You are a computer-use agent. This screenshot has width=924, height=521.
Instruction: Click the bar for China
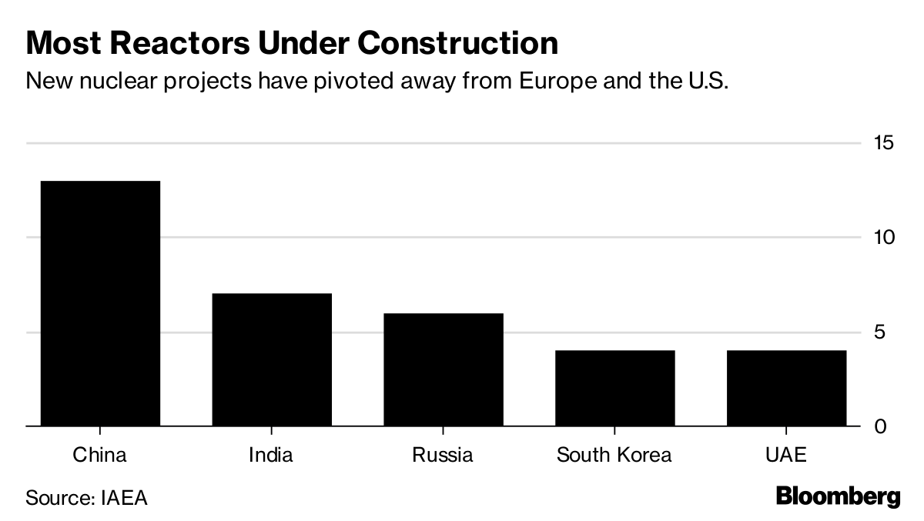tap(99, 303)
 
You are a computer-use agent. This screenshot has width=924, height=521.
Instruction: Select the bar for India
tap(271, 359)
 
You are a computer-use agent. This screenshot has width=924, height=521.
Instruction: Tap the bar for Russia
tap(443, 369)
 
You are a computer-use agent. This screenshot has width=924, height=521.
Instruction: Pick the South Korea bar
tap(614, 388)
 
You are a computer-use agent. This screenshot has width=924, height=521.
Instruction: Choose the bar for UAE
tap(786, 388)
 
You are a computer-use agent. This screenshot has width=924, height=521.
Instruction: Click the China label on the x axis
tap(99, 455)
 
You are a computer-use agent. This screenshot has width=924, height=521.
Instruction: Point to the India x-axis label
tap(271, 455)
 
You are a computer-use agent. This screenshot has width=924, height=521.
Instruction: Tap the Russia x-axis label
tap(443, 455)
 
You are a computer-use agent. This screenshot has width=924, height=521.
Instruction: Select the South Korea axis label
tap(614, 455)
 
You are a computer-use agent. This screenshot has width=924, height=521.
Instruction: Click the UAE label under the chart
tap(786, 455)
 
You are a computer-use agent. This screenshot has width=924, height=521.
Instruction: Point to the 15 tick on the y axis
tap(885, 143)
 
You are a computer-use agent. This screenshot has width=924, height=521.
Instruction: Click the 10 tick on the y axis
tap(885, 237)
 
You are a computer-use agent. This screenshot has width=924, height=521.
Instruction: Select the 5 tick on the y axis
tap(885, 332)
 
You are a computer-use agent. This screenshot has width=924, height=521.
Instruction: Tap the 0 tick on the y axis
tap(885, 426)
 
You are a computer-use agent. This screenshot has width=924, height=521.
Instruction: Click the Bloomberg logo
tap(838, 497)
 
